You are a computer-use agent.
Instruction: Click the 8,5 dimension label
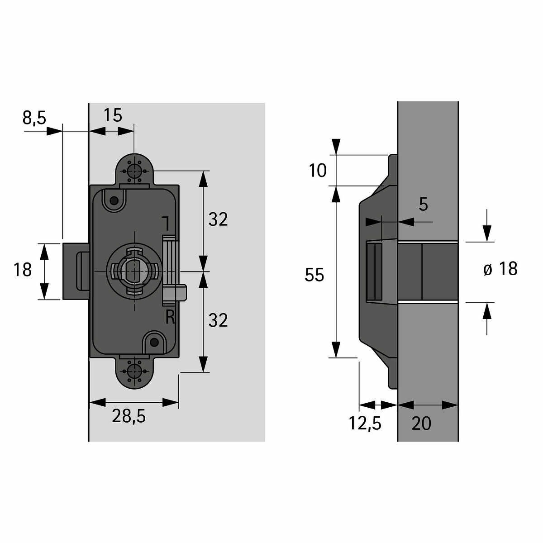pos(34,118)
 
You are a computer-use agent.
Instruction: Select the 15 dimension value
pos(113,116)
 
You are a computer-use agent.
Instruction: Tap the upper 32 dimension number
pos(218,219)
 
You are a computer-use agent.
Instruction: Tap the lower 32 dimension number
pos(218,320)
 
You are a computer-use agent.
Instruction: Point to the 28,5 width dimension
pos(129,417)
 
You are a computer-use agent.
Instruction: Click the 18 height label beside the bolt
pos(23,270)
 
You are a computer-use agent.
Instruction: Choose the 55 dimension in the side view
pos(314,275)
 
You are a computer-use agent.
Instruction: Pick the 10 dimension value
pos(318,171)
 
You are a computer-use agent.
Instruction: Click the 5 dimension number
pos(423,205)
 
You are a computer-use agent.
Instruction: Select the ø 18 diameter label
pos(500,269)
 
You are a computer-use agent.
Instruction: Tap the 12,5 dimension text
pos(365,424)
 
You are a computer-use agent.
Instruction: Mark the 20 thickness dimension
pos(421,424)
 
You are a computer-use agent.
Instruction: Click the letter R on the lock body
pos(170,318)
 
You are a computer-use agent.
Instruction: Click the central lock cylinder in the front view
pos(134,271)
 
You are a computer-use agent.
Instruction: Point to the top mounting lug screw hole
pos(134,171)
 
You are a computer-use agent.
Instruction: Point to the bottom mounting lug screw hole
pos(134,371)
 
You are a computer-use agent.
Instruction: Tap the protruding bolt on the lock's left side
pos(75,271)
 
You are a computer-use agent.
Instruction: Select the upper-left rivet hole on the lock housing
pos(114,200)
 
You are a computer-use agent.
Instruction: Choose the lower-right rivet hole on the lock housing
pos(155,342)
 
